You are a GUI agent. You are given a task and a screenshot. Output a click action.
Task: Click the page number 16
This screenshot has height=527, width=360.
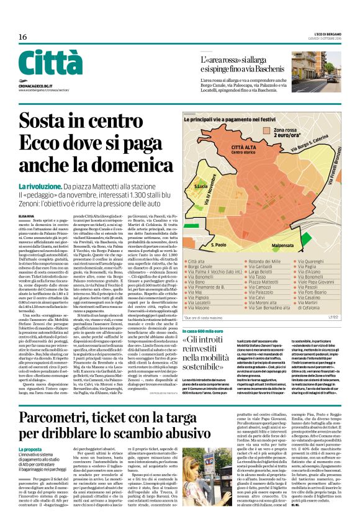pos(22,37)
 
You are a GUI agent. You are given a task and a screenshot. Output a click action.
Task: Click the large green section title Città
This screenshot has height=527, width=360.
pos(50,63)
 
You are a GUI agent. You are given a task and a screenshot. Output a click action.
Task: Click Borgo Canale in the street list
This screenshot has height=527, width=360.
pos(207,268)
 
